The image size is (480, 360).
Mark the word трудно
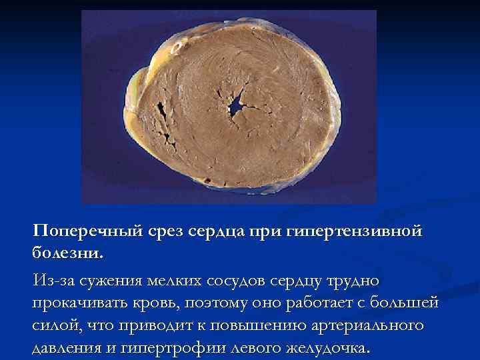coord(342,280)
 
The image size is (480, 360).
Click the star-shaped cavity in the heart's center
coord(237,106)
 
